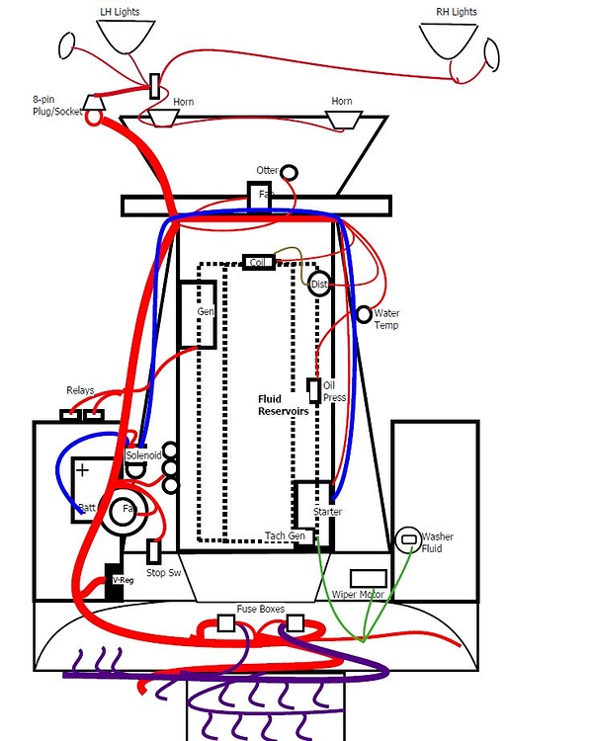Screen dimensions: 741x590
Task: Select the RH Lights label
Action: pos(455,12)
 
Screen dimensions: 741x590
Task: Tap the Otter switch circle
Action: pos(289,173)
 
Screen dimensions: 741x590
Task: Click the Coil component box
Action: pos(259,263)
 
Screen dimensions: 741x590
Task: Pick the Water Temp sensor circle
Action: pos(365,315)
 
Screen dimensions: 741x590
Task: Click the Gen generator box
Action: pos(198,313)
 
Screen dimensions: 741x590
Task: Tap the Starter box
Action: pos(313,504)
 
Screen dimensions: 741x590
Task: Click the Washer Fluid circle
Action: pos(407,539)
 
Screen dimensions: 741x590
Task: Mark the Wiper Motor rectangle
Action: pos(368,579)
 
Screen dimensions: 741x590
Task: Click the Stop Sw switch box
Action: pos(154,552)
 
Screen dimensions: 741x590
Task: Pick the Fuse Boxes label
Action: pos(260,609)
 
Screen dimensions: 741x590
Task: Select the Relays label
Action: pos(80,390)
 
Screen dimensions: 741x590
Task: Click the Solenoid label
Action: pos(142,455)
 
